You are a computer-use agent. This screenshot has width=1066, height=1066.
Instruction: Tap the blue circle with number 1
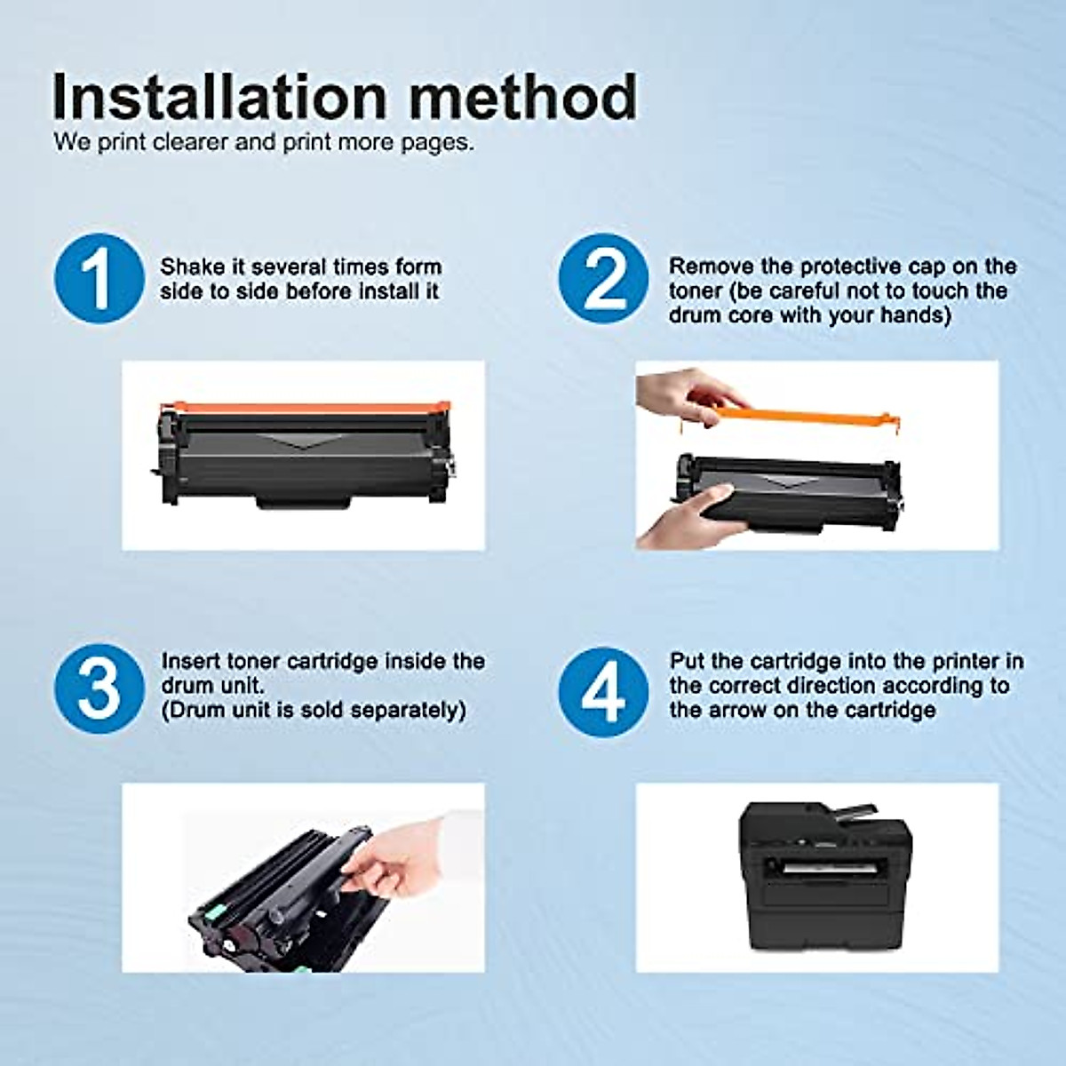pos(99,277)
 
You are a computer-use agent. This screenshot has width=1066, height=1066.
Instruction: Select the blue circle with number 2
pos(604,277)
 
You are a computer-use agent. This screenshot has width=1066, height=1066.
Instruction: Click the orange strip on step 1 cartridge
pos(302,409)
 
